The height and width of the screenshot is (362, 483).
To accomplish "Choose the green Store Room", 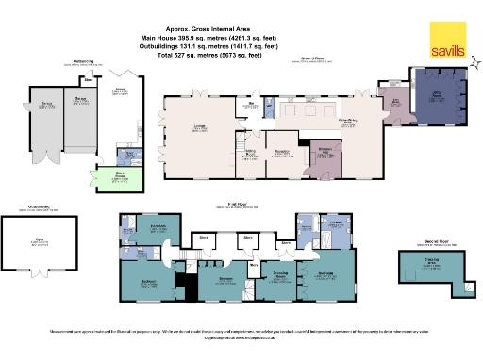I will click(x=119, y=176).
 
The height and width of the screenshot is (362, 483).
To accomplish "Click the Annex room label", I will click(x=121, y=91).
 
